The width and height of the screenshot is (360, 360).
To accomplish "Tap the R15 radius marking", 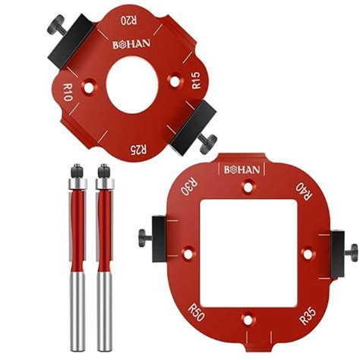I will (x=196, y=81).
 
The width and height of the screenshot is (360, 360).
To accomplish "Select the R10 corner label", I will (x=66, y=95).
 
